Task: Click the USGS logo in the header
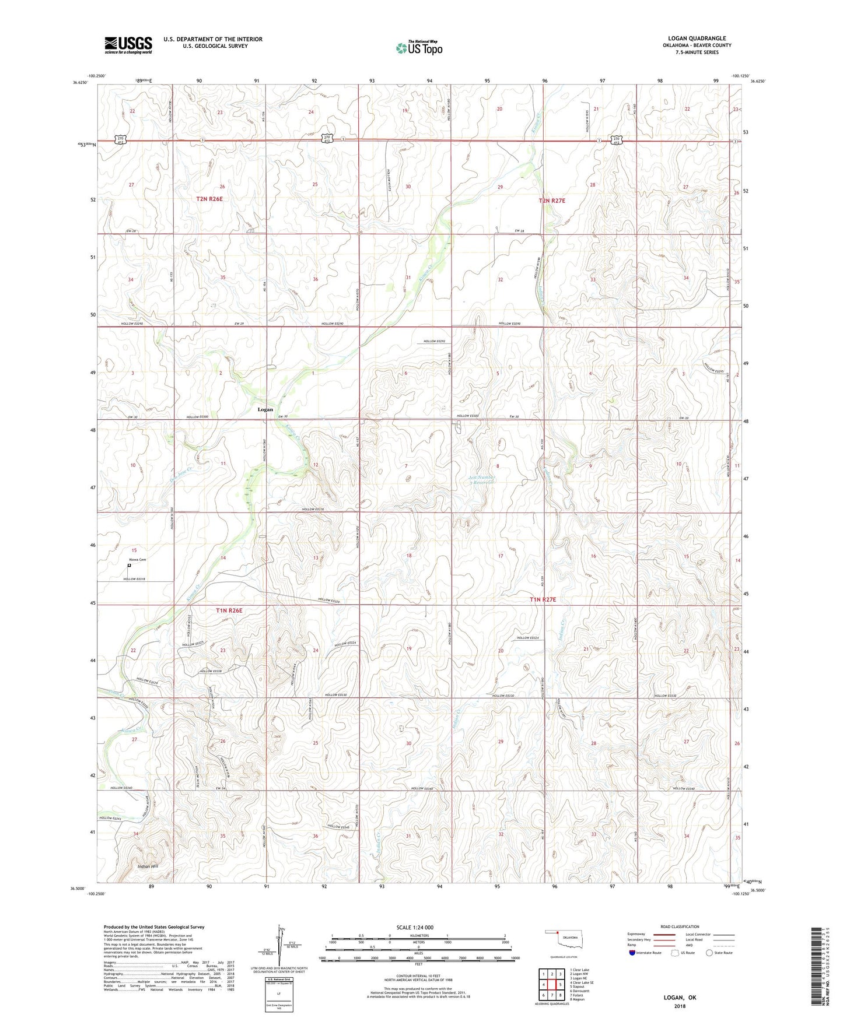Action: [128, 44]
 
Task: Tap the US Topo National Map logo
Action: [418, 48]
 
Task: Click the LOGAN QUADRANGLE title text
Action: [697, 38]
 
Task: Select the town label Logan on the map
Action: [265, 409]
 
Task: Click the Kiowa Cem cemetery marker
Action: [130, 565]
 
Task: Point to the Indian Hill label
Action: [148, 866]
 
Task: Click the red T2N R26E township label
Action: [209, 199]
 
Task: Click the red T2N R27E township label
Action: [551, 201]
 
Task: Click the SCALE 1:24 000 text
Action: [415, 928]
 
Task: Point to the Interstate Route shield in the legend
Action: [633, 953]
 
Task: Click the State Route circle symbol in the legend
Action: [709, 953]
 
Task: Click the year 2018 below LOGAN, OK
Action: [680, 1006]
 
